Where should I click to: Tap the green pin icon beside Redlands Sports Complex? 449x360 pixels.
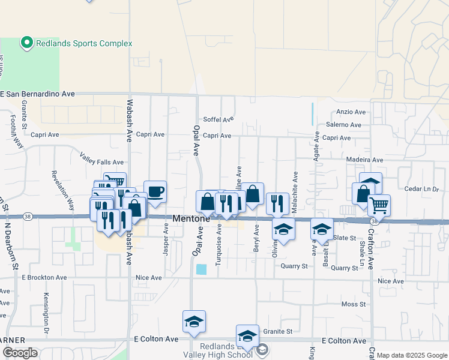(x=26, y=43)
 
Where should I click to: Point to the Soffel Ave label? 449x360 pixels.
(x=218, y=119)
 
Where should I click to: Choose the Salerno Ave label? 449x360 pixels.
(x=343, y=125)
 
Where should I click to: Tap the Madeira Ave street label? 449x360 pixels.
(x=364, y=160)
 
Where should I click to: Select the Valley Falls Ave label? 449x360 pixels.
(x=101, y=162)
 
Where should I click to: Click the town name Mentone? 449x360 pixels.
(x=191, y=219)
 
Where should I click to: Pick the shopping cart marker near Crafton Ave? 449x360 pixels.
(x=379, y=205)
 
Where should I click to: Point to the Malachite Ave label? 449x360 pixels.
(x=295, y=188)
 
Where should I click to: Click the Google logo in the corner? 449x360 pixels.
(x=20, y=353)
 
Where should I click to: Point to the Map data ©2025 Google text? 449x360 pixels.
(x=412, y=355)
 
